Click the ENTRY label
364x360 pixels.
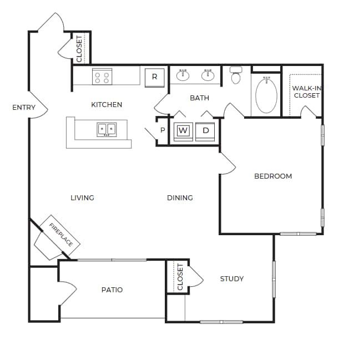(24, 108)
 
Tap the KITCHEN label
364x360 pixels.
(107, 104)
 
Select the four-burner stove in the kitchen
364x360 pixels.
(102, 77)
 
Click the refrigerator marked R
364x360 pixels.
(154, 77)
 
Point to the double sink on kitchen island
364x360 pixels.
(107, 129)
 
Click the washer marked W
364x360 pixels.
(184, 131)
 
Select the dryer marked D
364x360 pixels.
(205, 131)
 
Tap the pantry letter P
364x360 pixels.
(163, 130)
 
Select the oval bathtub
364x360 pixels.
(266, 95)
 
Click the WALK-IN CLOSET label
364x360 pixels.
(306, 92)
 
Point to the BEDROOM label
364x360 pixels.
(272, 176)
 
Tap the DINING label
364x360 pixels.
(180, 197)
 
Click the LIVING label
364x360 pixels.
(82, 197)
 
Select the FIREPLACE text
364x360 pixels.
(61, 235)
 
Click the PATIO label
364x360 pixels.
(112, 290)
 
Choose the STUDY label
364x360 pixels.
(231, 278)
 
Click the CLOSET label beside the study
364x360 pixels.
(180, 277)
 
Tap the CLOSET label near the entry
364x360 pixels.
(79, 48)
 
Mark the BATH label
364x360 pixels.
(199, 98)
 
